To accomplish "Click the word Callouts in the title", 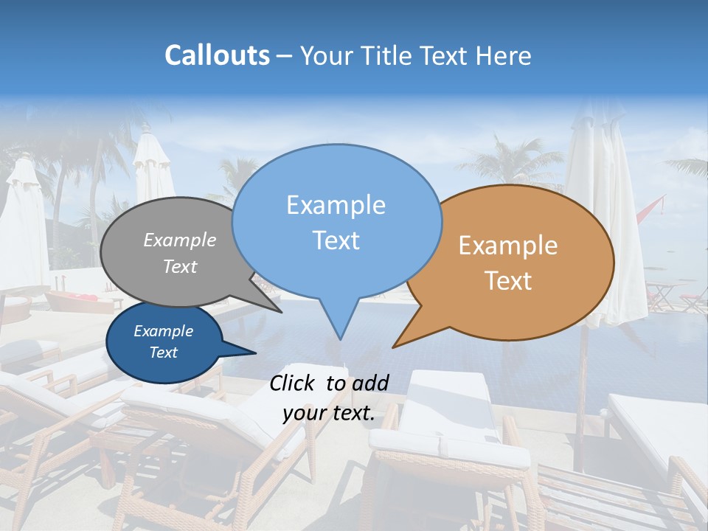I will [x=217, y=55].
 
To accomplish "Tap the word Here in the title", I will [x=503, y=56].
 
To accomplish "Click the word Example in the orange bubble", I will [x=508, y=246].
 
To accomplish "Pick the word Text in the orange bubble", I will [x=508, y=280].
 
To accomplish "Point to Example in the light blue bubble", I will [x=336, y=205].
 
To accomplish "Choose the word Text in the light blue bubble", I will [x=336, y=240].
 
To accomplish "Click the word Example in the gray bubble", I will [x=180, y=240].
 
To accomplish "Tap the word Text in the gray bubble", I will [x=180, y=266].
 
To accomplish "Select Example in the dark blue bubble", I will [x=163, y=331].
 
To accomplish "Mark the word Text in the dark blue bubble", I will [x=163, y=353].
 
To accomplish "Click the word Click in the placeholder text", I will [x=294, y=383].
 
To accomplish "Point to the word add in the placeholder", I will [x=369, y=383].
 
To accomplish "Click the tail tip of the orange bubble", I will [x=393, y=347].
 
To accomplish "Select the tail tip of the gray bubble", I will [x=281, y=313].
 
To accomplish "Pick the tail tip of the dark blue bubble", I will [x=256, y=353].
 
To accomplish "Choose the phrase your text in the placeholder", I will [x=328, y=413].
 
